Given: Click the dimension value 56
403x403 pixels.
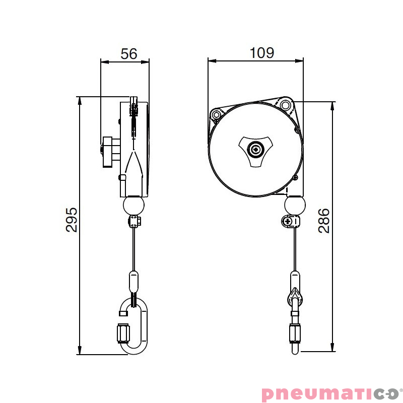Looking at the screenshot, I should click(129, 54).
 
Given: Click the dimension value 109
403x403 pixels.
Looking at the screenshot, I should click(262, 52).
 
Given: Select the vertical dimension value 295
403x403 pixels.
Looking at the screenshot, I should click(72, 219).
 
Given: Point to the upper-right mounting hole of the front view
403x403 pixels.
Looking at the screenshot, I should click(286, 105).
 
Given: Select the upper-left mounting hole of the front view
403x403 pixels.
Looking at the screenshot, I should click(218, 114).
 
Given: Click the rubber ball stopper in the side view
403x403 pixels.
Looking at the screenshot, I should click(133, 206).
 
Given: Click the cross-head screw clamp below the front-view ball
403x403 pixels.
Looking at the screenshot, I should click(289, 221).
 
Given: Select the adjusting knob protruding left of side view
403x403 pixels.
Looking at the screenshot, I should click(107, 152).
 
